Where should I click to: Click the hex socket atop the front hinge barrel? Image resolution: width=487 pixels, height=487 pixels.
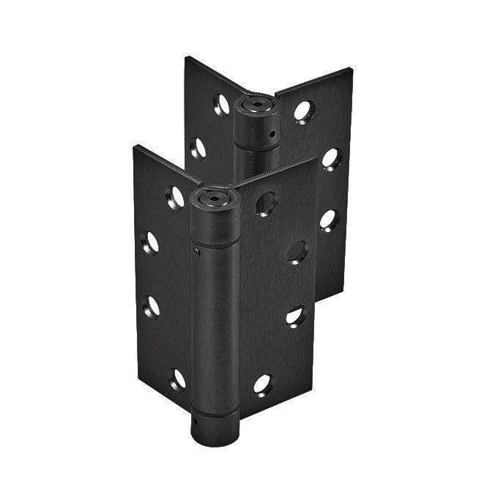(212, 196)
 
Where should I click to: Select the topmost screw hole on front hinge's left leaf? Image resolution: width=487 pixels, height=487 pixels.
(174, 196)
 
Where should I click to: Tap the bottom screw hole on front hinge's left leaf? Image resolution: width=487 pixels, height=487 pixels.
(176, 378)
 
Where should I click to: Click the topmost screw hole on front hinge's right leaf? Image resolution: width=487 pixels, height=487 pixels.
(267, 203)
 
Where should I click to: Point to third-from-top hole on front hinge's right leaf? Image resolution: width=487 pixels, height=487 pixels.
(296, 316)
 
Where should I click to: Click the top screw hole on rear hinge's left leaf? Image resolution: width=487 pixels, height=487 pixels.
(220, 104)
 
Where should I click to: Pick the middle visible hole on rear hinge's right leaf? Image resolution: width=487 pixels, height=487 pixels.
(332, 158)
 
